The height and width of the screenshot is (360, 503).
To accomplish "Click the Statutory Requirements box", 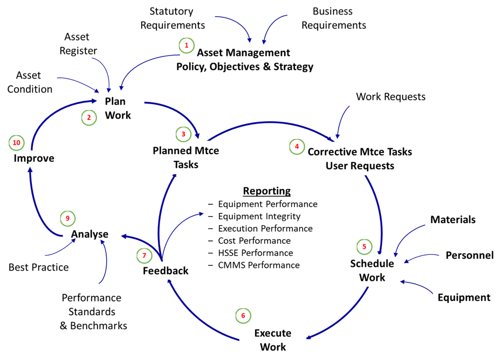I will (x=170, y=18).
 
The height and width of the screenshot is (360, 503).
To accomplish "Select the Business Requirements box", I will (x=333, y=18).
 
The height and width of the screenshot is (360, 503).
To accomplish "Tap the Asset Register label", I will (x=77, y=44).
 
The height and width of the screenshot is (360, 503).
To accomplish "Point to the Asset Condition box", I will (x=29, y=82).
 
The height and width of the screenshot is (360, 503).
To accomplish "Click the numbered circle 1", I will (x=187, y=46).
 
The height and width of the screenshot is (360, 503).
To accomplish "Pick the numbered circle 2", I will (x=89, y=117).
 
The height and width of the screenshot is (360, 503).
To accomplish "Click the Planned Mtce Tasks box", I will (x=186, y=157).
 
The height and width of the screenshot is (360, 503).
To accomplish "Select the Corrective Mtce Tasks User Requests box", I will (x=360, y=158).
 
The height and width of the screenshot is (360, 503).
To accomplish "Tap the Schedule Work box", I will (x=372, y=270).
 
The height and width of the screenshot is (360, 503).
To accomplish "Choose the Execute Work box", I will (x=273, y=340).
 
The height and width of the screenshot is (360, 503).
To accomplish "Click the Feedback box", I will (x=166, y=271).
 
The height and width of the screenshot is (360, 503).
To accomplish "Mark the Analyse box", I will (x=90, y=234).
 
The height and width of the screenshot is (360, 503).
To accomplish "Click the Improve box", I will (x=34, y=158).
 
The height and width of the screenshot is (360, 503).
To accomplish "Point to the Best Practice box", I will (x=39, y=267).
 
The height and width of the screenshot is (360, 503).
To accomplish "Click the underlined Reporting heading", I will (x=266, y=191).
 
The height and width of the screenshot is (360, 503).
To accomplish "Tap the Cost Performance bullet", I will (x=254, y=240).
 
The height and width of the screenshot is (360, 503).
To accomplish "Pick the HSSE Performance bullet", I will (x=255, y=253).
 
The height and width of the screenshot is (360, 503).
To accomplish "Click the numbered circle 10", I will (x=17, y=143).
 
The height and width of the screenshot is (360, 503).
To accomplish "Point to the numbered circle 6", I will (x=243, y=316).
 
